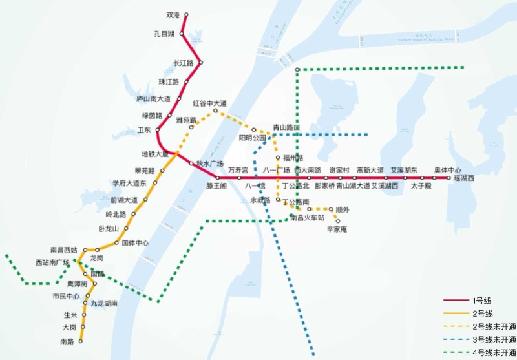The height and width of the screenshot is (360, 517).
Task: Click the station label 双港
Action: (172, 14)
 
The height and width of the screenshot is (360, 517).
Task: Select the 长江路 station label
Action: (184, 63)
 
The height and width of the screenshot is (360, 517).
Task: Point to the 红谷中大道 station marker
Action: (216, 111)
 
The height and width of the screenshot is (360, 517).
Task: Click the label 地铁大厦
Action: (155, 154)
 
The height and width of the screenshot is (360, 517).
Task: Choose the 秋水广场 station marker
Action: (191, 164)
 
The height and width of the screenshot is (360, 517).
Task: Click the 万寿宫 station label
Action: (238, 170)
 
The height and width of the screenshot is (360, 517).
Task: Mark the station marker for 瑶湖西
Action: (448, 178)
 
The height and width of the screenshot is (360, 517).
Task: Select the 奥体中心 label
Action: (448, 170)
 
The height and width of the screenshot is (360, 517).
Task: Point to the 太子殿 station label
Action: (421, 186)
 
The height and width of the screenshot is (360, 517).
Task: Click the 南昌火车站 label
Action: (307, 218)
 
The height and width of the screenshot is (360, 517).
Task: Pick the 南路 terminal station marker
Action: (82, 341)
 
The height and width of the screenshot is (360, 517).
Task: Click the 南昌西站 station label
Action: (64, 249)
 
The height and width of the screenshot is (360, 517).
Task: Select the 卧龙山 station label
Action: (109, 229)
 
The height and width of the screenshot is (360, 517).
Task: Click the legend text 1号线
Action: (482, 301)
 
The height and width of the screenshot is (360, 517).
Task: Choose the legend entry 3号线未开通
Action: (494, 339)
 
